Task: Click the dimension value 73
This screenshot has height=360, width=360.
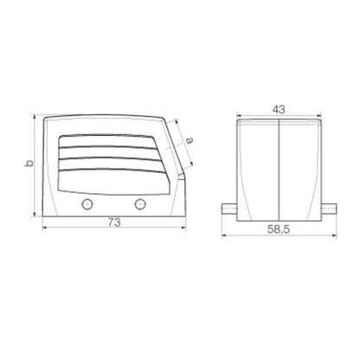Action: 113,222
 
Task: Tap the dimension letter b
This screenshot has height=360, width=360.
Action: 29,164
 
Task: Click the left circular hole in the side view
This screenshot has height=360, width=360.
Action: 86,204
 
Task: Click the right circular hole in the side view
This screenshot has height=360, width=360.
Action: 140,204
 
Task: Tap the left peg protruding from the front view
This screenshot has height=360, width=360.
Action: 229,209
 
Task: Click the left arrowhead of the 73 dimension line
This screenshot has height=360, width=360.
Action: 45,229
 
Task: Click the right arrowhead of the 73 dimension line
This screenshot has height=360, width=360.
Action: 184,229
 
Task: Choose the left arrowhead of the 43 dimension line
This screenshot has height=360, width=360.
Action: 241,118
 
